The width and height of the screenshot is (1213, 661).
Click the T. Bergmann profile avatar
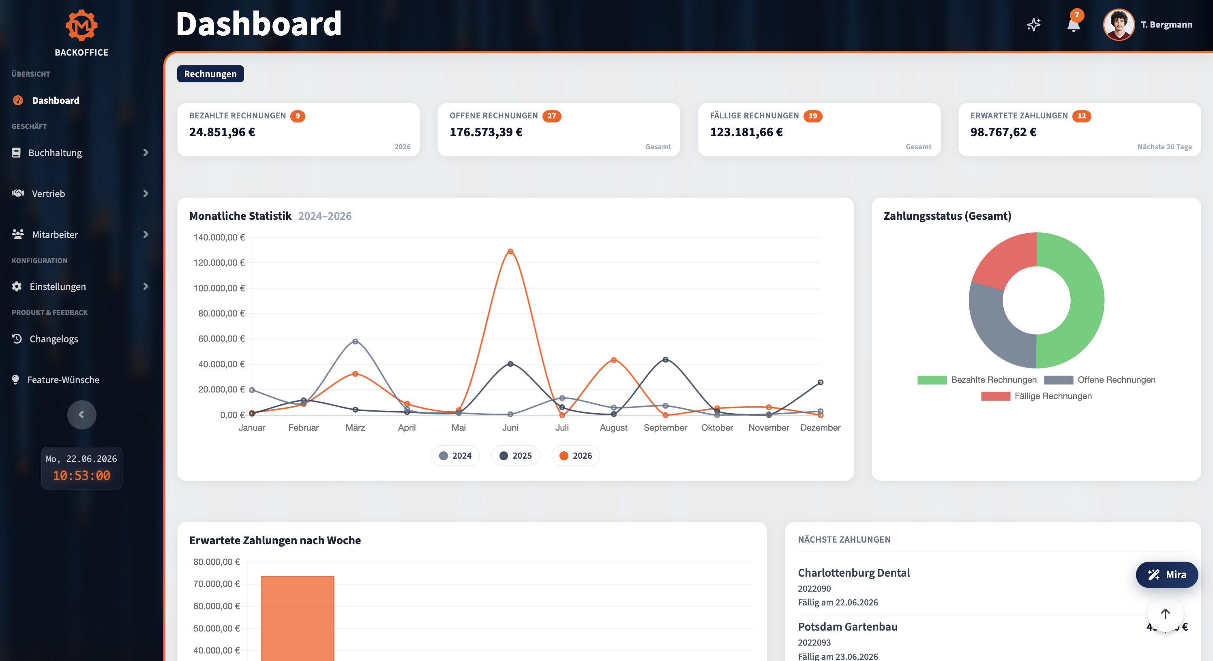point(1119,24)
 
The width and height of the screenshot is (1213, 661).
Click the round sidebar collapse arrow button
point(81,414)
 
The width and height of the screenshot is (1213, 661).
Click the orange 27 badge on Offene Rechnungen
point(551,116)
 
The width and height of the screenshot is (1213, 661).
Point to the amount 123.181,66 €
point(746,132)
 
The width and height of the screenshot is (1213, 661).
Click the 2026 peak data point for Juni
point(510,251)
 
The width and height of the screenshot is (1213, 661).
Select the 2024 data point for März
point(356,341)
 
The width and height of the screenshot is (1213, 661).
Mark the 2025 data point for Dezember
point(820,382)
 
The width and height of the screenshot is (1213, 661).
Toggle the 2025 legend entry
point(516,455)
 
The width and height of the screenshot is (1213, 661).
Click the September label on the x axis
point(665,428)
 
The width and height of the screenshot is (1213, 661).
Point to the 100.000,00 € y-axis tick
point(219,288)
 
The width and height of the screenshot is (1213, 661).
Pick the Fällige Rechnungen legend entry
point(1036,396)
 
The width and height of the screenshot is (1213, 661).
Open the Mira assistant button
point(1167,575)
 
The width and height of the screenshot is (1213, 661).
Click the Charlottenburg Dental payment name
point(854,573)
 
